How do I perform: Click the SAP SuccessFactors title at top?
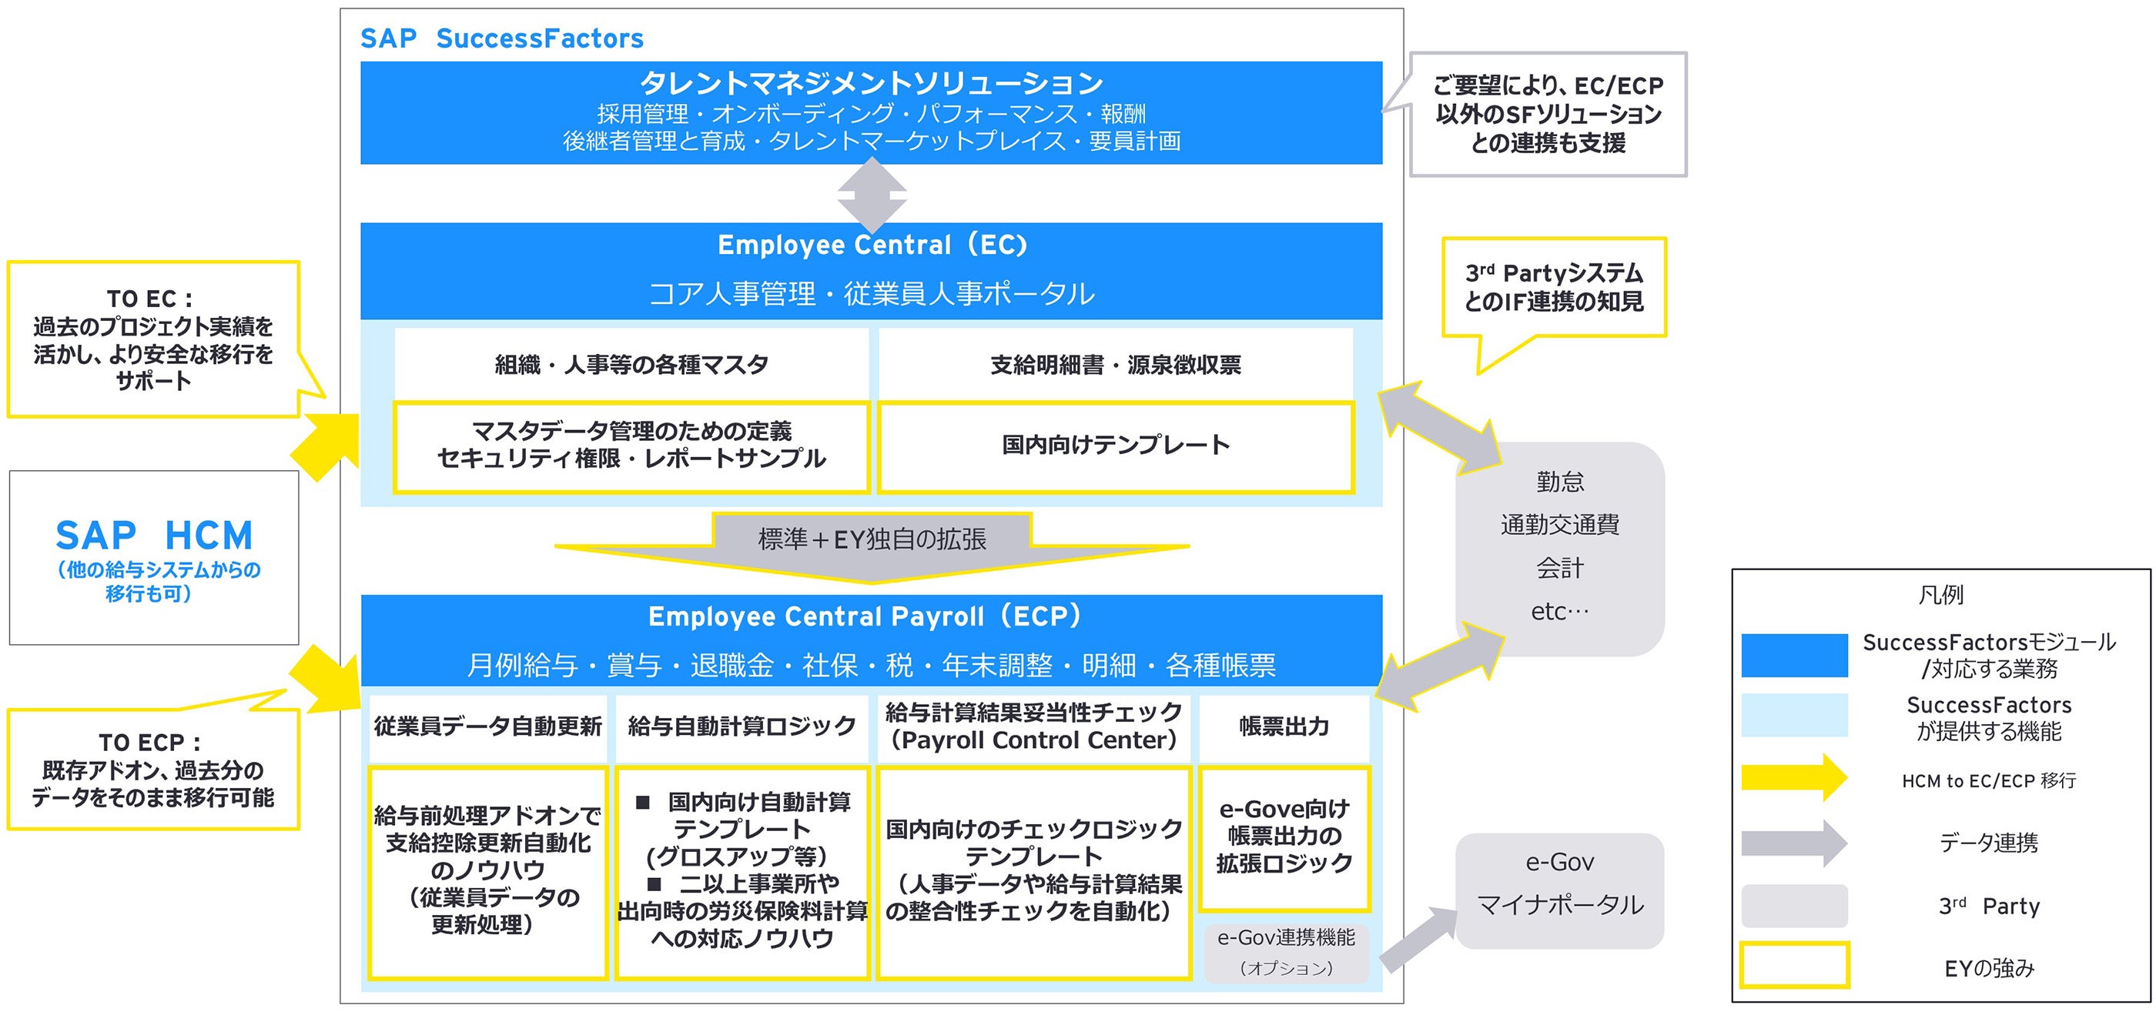point(501,38)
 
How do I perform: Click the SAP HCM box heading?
point(154,536)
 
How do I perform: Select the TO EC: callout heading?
point(150,299)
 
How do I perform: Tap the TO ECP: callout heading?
point(150,743)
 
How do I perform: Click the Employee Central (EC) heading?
point(872,245)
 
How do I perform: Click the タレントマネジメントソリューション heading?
point(872,83)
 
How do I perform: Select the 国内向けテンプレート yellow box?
point(1116,445)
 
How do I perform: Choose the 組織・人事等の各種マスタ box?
point(632,365)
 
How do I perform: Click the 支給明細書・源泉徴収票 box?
point(1116,365)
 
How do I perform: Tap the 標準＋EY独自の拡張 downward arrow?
point(872,546)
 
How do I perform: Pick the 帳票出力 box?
point(1284,726)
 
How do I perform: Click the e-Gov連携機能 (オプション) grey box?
point(1287,952)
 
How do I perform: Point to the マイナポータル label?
point(1560,904)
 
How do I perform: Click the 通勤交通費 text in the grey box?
point(1560,525)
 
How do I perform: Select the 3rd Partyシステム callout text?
point(1554,286)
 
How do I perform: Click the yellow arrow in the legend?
point(1793,778)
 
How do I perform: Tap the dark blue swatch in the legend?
point(1793,654)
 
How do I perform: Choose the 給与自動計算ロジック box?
point(742,726)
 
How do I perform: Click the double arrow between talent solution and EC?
point(872,195)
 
